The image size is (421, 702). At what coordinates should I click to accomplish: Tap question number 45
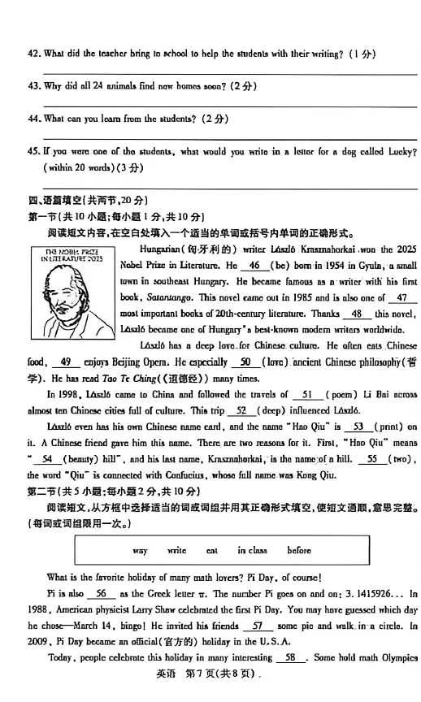pos(33,151)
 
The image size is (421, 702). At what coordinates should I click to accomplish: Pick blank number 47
pos(401,298)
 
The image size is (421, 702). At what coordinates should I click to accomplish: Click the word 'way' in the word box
pos(140,550)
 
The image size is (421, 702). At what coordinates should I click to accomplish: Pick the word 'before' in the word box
pos(299,550)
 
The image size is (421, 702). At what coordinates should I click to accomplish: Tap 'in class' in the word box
pos(252,550)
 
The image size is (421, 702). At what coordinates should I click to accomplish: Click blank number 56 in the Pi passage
pos(101,594)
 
